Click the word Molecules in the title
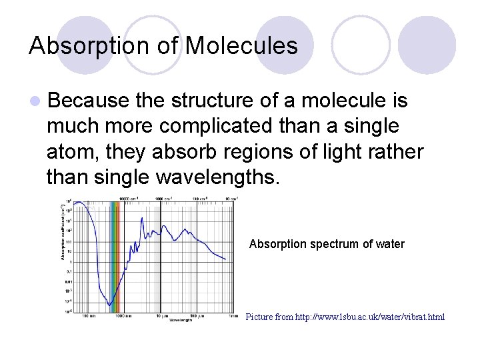point(241,46)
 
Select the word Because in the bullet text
point(88,101)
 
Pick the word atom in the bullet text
point(69,152)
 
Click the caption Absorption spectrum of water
point(327,244)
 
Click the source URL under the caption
point(345,317)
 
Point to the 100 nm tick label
point(87,315)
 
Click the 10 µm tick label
point(160,315)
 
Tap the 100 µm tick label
point(197,315)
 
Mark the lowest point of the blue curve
point(110,305)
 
